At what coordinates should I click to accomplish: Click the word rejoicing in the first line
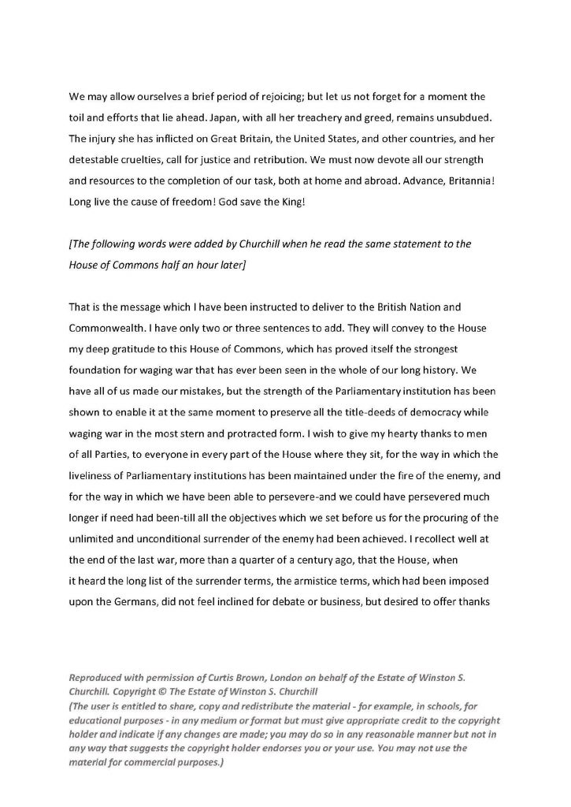pos(235,99)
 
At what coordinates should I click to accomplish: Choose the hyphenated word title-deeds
pos(354,407)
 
